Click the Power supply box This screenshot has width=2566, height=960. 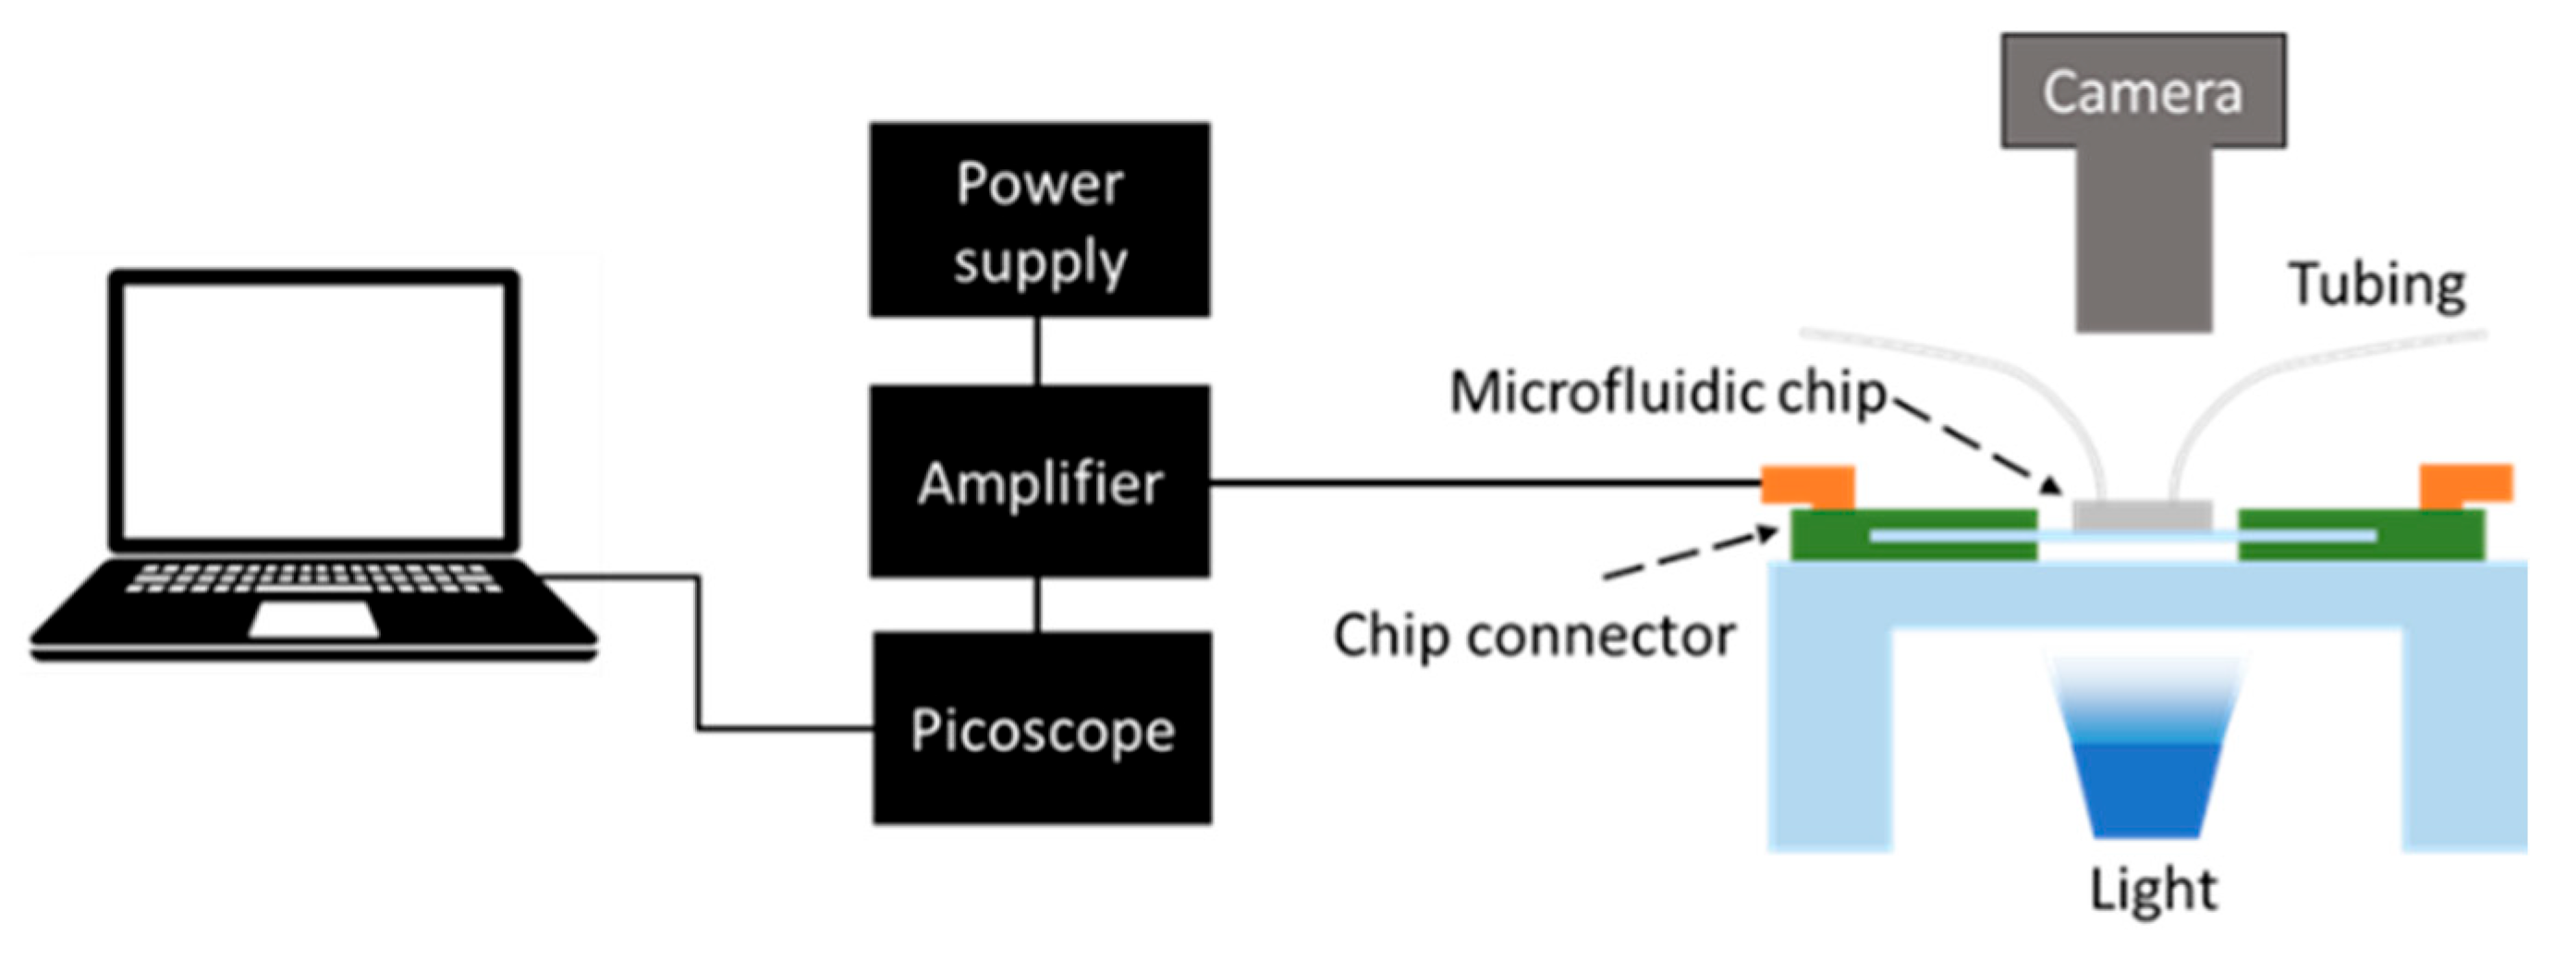(1039, 220)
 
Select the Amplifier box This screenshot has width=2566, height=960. (1039, 481)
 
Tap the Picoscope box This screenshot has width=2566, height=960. (1042, 728)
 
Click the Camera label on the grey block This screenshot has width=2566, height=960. (2143, 91)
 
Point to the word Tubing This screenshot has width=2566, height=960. (2377, 286)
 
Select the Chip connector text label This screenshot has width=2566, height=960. (1534, 636)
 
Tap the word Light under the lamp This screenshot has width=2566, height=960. (2153, 888)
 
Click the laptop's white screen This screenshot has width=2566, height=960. (313, 410)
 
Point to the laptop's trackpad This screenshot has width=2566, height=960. (313, 619)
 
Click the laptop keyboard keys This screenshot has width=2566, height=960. (313, 577)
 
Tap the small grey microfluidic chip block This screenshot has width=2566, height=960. (2143, 515)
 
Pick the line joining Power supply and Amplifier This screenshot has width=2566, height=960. (1037, 350)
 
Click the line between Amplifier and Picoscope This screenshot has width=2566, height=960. (1037, 604)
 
